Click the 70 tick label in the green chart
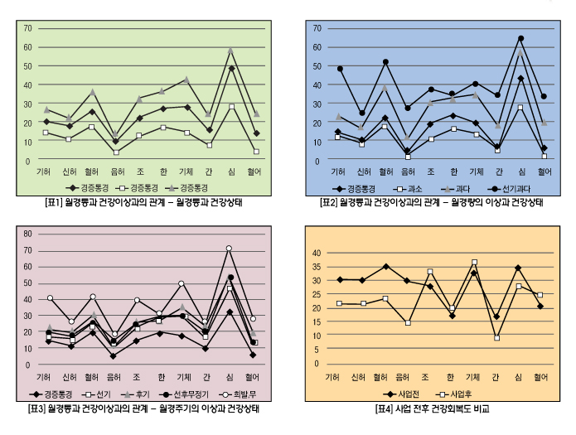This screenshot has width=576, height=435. pyautogui.click(x=27, y=28)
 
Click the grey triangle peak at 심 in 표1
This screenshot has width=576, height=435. pyautogui.click(x=231, y=50)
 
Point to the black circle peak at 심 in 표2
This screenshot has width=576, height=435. pyautogui.click(x=520, y=38)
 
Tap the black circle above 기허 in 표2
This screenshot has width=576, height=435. pyautogui.click(x=339, y=69)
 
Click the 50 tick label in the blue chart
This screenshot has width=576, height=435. pyautogui.click(x=315, y=65)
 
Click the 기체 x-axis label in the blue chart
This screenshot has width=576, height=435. pyautogui.click(x=476, y=172)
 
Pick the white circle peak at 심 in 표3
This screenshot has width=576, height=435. pyautogui.click(x=229, y=248)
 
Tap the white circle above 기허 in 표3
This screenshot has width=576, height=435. pyautogui.click(x=50, y=297)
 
